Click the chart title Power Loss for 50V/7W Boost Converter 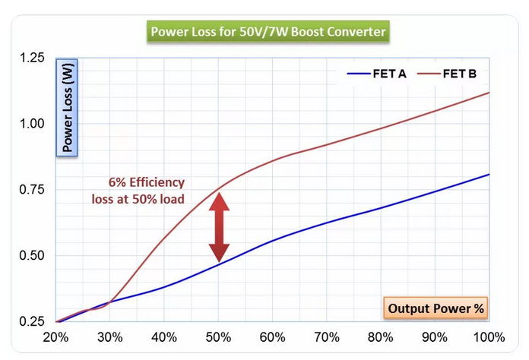pos(268,33)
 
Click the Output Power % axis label pos(436,308)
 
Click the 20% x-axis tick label pos(55,336)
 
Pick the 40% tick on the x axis pos(164,336)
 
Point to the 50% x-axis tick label pos(218,336)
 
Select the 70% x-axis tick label pos(327,336)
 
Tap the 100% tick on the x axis pos(487,336)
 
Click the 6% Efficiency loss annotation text pos(144,191)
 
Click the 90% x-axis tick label pos(435,336)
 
